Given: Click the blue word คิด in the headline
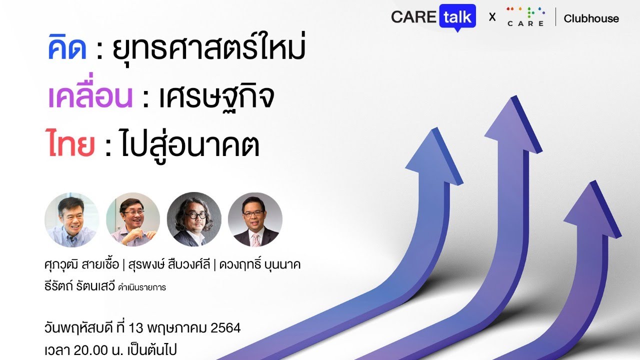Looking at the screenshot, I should click(67, 50).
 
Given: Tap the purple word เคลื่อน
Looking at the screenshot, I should click(90, 97).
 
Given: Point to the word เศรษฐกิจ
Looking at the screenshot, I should click(216, 98).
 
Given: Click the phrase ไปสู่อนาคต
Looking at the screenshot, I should click(190, 143).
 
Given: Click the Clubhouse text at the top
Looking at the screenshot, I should click(591, 18).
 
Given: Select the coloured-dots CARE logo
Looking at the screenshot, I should click(524, 17).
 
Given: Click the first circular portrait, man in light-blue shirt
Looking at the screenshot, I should click(71, 219).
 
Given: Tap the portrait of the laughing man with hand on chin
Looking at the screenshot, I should click(133, 219).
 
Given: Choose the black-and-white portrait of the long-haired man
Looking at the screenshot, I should click(194, 219).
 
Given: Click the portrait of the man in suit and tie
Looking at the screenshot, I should click(255, 219).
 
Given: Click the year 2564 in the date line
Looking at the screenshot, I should click(226, 328).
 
